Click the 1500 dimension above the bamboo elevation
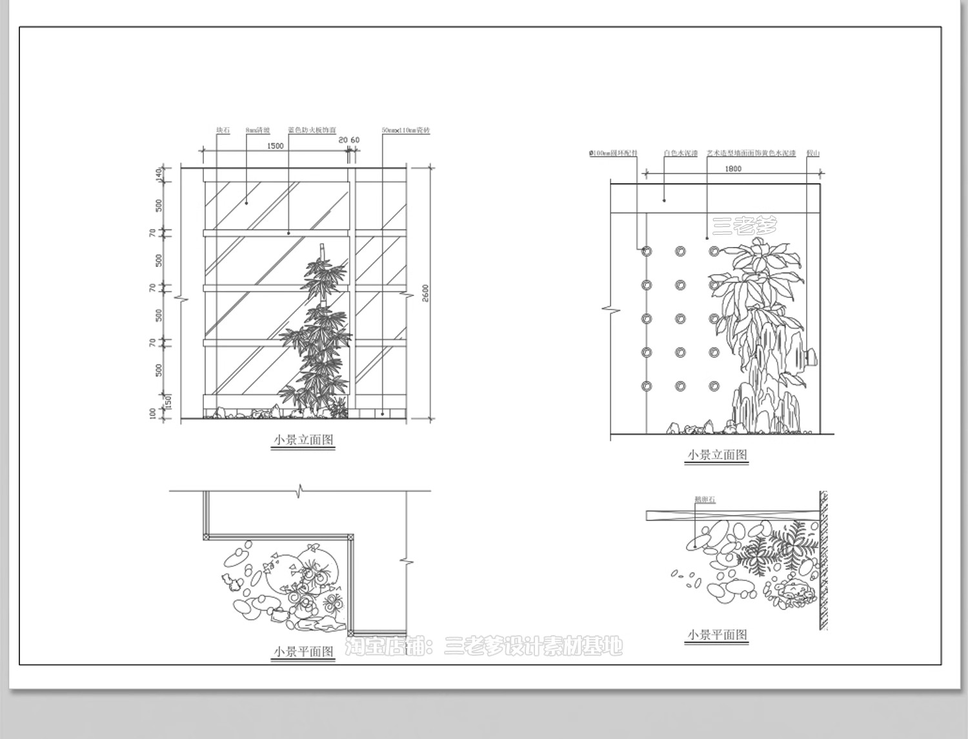[275, 146]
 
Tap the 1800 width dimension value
[733, 169]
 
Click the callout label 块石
[223, 130]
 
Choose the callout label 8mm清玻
[257, 130]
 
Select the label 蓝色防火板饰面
[312, 130]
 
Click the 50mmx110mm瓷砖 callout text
[406, 130]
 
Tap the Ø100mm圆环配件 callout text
[613, 153]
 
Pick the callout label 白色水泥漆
[681, 153]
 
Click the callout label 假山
[813, 153]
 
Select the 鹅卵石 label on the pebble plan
[704, 500]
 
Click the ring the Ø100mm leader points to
[647, 251]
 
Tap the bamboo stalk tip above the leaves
[321, 248]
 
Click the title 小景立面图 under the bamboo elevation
[303, 440]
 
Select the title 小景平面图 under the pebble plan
[717, 635]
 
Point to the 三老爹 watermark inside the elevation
[745, 225]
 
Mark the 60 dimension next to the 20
[355, 140]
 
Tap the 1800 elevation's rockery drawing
[768, 380]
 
